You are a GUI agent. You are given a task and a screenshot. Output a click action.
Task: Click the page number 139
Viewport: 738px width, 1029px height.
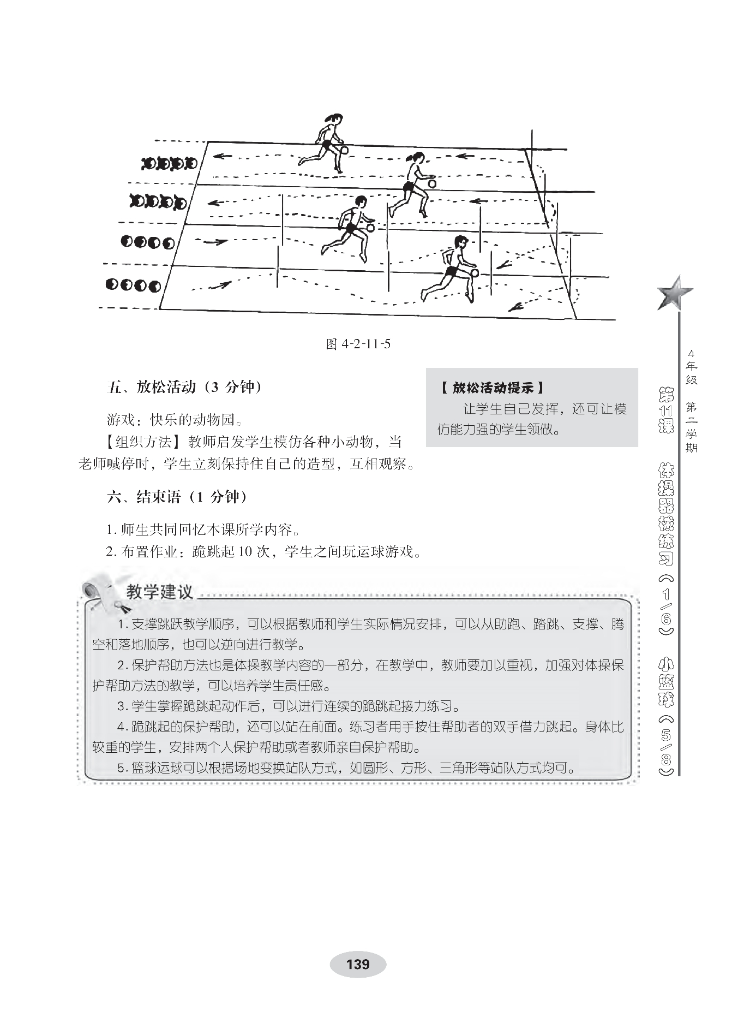click(x=357, y=964)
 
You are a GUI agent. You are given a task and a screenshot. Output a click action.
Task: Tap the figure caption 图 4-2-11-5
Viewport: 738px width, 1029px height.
click(x=358, y=344)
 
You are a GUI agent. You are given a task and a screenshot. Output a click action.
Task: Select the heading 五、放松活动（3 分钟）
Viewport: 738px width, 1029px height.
click(x=184, y=387)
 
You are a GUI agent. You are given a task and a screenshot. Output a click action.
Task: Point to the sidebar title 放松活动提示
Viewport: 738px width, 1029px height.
click(x=493, y=388)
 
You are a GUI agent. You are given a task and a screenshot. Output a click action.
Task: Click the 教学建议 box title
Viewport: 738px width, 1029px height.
click(x=159, y=592)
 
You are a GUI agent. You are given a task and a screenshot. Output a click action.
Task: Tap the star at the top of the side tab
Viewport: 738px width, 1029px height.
click(x=674, y=292)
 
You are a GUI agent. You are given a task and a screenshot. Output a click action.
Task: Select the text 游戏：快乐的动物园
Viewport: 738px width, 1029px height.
click(x=173, y=419)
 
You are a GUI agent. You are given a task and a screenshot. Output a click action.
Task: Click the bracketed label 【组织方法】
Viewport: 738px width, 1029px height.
click(x=146, y=442)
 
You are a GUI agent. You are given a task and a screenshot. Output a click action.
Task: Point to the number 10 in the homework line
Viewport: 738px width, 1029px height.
click(x=245, y=552)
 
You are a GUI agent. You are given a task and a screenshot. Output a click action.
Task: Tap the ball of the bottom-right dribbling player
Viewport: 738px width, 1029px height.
click(x=474, y=273)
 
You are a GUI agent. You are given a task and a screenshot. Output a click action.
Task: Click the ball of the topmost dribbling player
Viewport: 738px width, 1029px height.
click(x=344, y=150)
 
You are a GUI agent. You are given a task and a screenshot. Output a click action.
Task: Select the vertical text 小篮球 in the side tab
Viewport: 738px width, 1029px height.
click(x=666, y=682)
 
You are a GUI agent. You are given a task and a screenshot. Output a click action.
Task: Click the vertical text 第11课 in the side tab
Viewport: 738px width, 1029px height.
click(x=666, y=411)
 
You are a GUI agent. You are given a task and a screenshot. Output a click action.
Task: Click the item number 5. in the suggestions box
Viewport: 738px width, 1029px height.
click(x=122, y=768)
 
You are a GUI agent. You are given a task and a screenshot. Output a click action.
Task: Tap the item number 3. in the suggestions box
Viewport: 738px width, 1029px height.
click(x=122, y=706)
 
